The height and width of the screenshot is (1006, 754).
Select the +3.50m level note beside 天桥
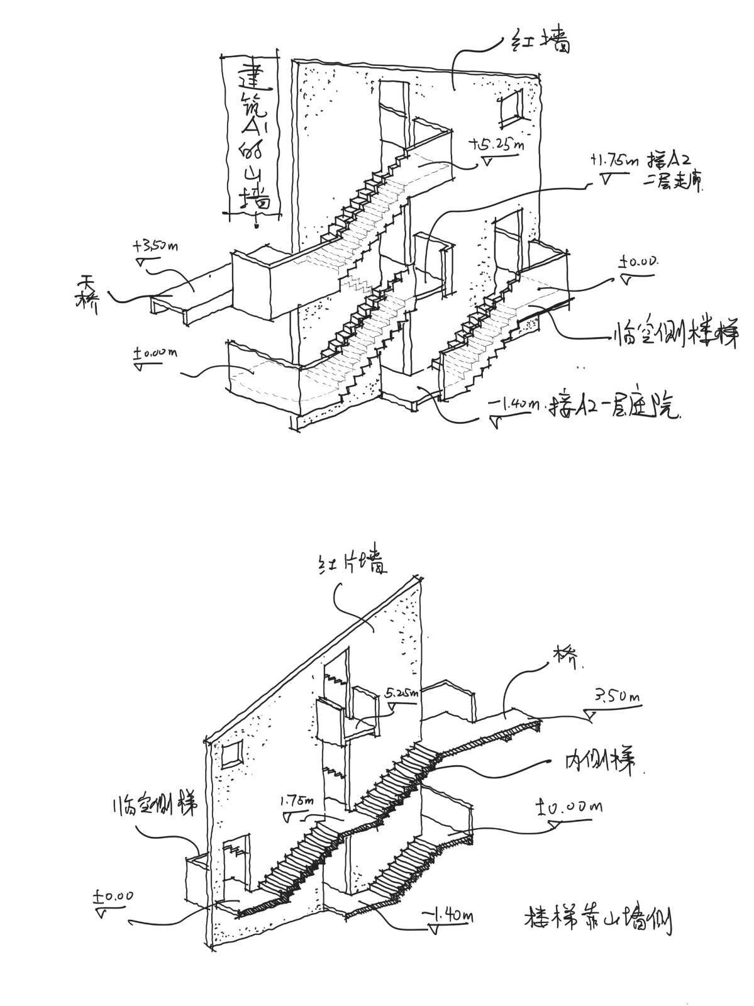point(155,246)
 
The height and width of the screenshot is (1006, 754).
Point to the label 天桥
point(86,294)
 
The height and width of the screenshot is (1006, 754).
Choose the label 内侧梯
point(597,762)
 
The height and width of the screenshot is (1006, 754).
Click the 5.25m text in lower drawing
point(401,694)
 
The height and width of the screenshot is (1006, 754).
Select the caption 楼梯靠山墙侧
point(597,922)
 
